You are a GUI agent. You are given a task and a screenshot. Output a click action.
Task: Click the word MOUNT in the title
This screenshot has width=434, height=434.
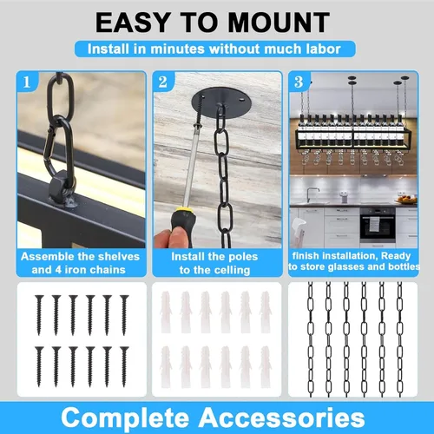(279, 23)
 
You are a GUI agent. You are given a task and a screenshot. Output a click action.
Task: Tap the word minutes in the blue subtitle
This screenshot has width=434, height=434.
(177, 49)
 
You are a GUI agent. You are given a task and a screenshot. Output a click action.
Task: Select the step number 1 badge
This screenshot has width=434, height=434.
(27, 82)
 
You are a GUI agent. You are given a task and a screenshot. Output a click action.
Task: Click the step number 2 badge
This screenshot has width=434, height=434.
(163, 82)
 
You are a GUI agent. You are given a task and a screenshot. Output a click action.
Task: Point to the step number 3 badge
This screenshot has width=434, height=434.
(299, 82)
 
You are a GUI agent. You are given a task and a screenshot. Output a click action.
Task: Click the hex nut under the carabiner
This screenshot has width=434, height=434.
(59, 187)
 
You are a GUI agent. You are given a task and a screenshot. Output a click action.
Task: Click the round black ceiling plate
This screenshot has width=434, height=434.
(221, 103)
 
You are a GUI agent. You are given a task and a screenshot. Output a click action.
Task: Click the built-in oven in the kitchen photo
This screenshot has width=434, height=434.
(378, 225)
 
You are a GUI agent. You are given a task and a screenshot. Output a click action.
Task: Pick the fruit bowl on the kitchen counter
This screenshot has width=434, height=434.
(406, 200)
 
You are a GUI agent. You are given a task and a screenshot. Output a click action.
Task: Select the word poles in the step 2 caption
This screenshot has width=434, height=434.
(242, 256)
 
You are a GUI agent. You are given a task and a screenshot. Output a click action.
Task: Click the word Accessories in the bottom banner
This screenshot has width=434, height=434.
(281, 418)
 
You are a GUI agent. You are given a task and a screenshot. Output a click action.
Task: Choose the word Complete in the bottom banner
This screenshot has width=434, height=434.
(125, 418)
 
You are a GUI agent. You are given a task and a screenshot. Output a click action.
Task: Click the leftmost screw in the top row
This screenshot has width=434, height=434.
(39, 315)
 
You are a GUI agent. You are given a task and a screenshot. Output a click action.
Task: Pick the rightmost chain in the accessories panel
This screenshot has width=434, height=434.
(399, 339)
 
